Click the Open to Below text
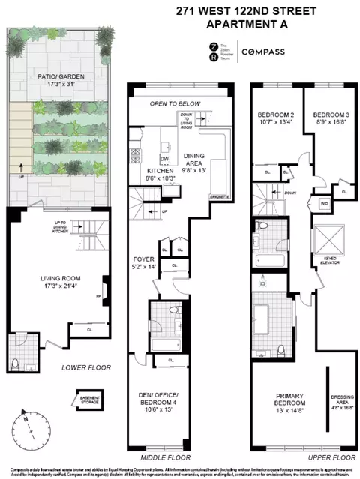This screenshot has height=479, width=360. coord(177,103)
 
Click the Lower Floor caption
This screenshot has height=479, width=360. coord(86,368)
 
